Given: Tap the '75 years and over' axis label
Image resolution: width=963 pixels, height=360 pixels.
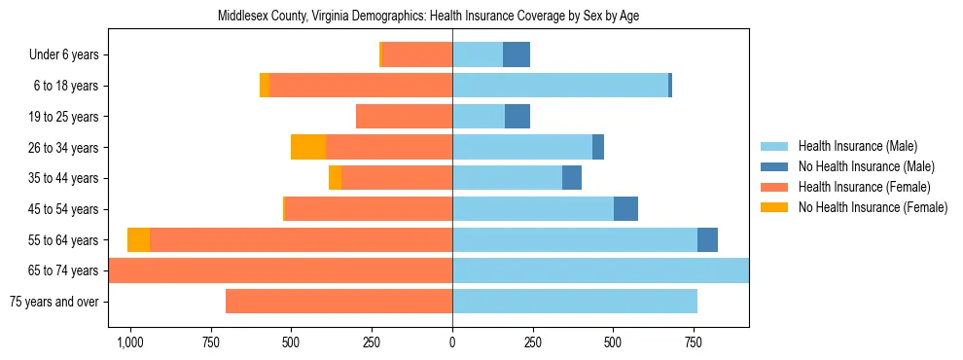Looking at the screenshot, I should (54, 302).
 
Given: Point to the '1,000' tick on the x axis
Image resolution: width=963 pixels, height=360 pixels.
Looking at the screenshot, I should (129, 342).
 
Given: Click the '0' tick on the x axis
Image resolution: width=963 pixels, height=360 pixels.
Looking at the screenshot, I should (452, 342).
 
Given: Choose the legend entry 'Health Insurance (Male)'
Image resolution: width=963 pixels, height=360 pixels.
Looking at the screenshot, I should (858, 146).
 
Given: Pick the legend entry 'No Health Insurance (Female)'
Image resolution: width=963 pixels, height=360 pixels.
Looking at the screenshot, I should (873, 207).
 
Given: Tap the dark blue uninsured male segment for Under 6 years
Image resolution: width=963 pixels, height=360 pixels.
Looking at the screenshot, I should (517, 54).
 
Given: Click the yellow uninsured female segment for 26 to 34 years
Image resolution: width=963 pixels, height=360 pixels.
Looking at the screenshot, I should (308, 147).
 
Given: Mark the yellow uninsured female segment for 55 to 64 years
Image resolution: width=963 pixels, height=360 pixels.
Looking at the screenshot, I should (139, 239).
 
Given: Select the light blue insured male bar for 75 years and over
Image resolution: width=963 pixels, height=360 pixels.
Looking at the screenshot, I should (574, 302).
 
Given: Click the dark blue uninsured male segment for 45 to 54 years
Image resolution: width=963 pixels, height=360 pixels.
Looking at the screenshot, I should (625, 209).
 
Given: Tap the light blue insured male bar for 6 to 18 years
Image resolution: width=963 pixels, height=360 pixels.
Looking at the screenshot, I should (559, 86).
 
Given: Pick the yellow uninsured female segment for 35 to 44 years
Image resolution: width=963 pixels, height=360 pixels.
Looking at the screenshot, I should (335, 178).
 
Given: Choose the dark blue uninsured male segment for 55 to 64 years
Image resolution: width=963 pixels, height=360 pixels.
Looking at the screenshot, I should (707, 239).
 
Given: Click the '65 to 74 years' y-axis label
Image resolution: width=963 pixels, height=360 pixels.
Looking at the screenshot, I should (64, 270).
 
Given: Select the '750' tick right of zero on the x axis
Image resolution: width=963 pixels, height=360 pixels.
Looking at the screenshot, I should (693, 342).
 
